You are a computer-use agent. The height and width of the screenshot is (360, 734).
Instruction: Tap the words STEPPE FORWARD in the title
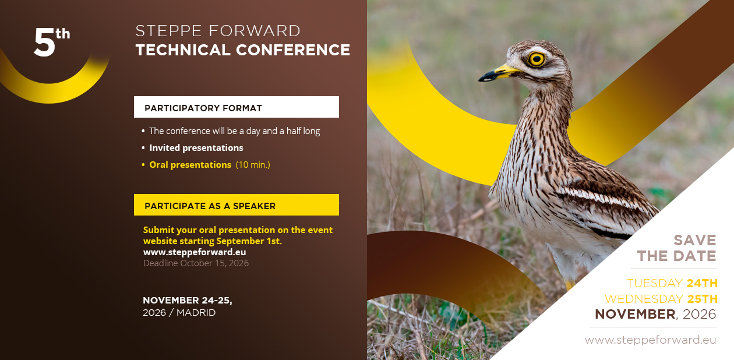(218, 31)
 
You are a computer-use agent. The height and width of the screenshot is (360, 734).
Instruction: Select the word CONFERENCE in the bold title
(293, 50)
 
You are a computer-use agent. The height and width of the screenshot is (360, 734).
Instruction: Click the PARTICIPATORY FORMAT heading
(203, 108)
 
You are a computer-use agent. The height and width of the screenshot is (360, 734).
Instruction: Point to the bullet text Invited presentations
(196, 148)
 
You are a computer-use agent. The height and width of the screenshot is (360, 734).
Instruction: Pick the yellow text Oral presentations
(190, 164)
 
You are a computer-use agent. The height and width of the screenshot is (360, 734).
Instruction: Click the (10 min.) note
(253, 164)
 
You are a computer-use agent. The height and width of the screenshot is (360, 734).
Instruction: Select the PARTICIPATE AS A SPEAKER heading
(210, 206)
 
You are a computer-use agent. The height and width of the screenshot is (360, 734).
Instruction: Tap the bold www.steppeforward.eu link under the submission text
(195, 252)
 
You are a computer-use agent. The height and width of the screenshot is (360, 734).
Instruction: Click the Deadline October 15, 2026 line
(196, 263)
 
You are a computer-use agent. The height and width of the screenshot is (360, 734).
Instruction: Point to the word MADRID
(196, 312)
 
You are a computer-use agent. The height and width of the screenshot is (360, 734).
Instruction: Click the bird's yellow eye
(537, 59)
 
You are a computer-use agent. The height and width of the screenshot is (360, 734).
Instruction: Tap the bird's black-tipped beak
(497, 74)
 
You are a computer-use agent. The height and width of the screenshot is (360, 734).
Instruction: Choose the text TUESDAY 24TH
(672, 283)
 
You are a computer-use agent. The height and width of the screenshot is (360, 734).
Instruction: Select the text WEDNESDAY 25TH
(661, 299)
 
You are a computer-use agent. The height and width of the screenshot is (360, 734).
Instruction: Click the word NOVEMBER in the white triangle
(635, 314)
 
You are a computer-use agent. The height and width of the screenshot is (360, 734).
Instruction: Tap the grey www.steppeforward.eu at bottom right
(651, 340)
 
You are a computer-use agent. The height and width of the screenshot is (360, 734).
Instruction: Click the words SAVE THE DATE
(677, 248)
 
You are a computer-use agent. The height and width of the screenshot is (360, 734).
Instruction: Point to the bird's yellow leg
(569, 284)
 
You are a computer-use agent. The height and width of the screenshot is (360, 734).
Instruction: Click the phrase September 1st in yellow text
(249, 241)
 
